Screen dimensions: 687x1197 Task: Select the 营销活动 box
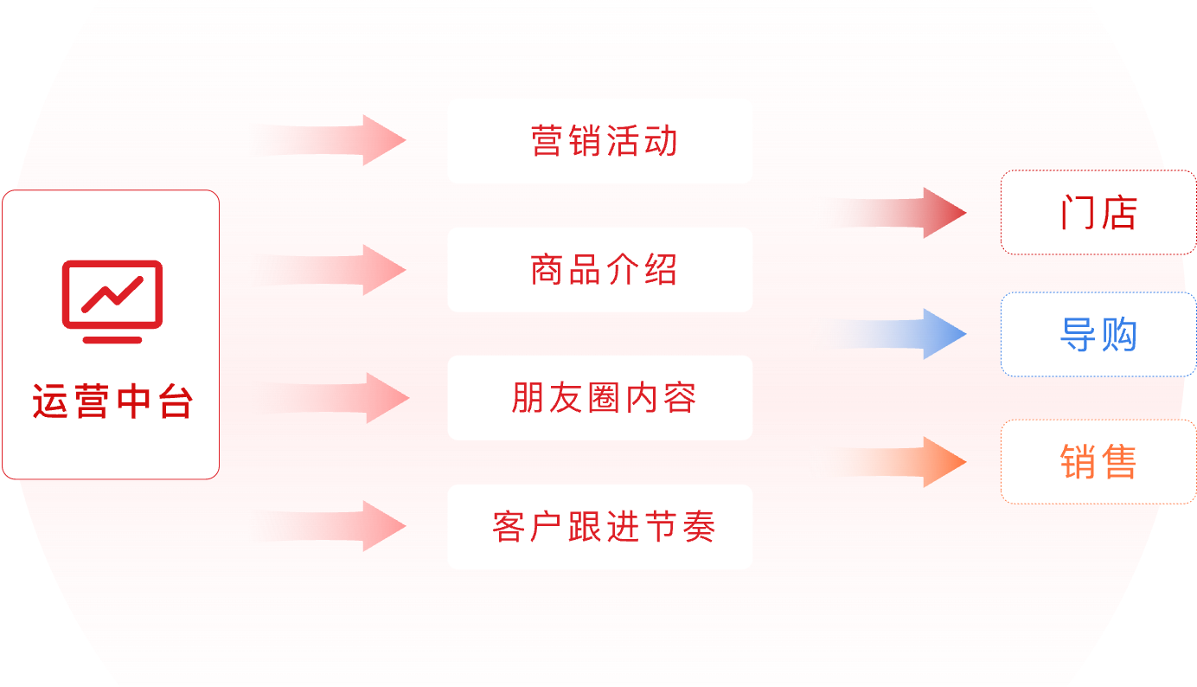[599, 141]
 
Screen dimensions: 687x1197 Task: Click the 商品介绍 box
[599, 270]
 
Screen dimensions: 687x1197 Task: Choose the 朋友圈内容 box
[599, 398]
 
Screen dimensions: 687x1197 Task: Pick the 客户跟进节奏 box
[599, 527]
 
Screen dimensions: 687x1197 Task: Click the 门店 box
[1098, 213]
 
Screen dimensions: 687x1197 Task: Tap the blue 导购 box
[1098, 335]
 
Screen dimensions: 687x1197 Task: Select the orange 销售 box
[1098, 462]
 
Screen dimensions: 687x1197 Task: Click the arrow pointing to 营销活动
[346, 139]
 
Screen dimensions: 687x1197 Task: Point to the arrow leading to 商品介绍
[346, 270]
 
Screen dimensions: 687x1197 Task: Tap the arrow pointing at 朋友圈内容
[346, 398]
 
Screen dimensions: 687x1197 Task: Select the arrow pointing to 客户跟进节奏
[346, 526]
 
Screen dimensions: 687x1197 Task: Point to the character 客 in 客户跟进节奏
[509, 527]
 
